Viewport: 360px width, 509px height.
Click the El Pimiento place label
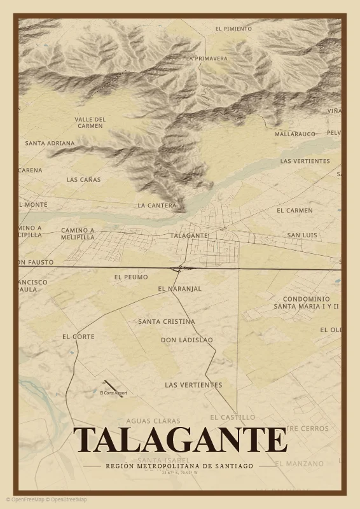[x=233, y=29]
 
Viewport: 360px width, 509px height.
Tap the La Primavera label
[x=207, y=59]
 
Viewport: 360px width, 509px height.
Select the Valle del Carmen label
[x=90, y=122]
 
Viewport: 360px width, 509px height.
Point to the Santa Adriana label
[x=50, y=144]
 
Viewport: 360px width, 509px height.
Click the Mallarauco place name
[x=295, y=134]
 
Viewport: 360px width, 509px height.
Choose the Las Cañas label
[x=83, y=179]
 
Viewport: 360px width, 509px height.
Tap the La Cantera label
[x=156, y=206]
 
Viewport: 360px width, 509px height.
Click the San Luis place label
[x=301, y=235]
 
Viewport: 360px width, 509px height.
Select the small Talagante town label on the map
[x=189, y=235]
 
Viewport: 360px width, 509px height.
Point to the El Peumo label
[x=131, y=277]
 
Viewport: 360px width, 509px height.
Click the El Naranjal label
[x=179, y=289]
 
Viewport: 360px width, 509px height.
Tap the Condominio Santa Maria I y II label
[x=306, y=302]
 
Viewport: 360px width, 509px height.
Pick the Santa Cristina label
[x=167, y=322]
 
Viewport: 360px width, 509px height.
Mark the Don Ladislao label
[x=187, y=340]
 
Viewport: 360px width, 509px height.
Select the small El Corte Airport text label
[x=113, y=393]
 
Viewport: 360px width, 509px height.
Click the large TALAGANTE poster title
[x=180, y=440]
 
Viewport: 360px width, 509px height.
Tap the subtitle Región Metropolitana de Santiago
[x=180, y=466]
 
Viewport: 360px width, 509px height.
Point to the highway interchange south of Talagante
[x=179, y=268]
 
